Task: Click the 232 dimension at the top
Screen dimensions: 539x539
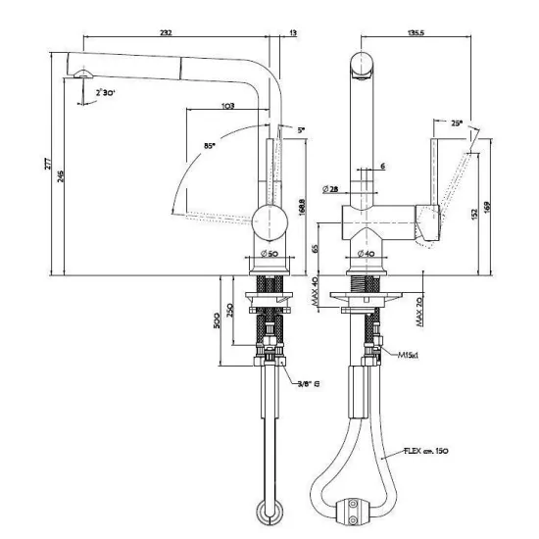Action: [167, 32]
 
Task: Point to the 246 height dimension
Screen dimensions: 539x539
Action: [61, 177]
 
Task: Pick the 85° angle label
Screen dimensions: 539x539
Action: [209, 146]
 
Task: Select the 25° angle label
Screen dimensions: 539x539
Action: [458, 123]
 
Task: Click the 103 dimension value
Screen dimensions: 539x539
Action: [227, 106]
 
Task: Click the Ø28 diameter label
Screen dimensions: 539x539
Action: [330, 188]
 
